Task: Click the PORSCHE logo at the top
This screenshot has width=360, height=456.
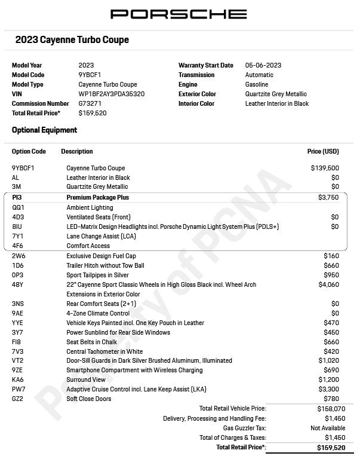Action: [x=179, y=14]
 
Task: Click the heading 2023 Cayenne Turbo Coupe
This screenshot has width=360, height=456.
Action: [x=72, y=41]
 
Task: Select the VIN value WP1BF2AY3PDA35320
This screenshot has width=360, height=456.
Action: [x=111, y=94]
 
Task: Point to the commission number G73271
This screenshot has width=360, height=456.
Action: [x=90, y=103]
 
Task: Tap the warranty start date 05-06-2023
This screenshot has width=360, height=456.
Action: [x=263, y=65]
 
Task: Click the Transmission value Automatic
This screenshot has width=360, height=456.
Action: [x=259, y=75]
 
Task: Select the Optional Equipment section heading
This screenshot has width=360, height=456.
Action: [x=44, y=130]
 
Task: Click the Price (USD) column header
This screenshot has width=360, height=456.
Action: [x=322, y=152]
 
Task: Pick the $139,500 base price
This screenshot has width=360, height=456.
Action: [x=325, y=168]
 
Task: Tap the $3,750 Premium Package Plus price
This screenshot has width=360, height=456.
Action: [x=328, y=197]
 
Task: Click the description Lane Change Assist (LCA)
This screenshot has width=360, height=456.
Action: [x=101, y=236]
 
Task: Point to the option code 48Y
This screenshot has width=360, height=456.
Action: [x=17, y=284]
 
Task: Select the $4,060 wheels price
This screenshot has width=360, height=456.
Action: [x=328, y=284]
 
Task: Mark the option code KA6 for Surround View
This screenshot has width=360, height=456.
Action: [x=18, y=380]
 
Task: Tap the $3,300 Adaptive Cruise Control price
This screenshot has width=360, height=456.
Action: [x=328, y=389]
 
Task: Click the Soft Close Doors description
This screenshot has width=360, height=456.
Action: [x=89, y=399]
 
